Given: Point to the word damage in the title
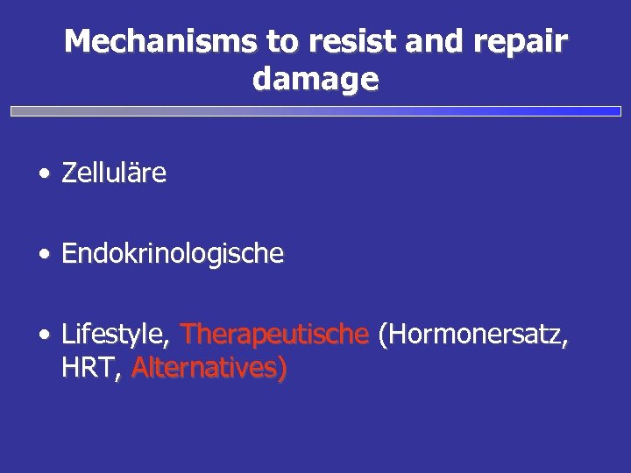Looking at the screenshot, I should coord(315,81).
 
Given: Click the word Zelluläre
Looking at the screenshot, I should coord(114,173).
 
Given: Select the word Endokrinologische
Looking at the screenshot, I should coord(173,254).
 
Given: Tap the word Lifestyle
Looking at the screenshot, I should coord(115,335).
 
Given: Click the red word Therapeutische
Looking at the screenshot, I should coord(273,334).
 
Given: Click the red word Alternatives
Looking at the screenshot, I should coord(205,369).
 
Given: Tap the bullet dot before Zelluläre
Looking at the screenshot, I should coord(43,174).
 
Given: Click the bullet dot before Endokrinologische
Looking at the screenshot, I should coord(43,255).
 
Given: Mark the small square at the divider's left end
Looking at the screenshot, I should coord(14,112).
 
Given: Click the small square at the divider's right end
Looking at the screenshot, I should coord(616,111).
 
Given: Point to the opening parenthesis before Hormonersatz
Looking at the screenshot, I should coord(381,335).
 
